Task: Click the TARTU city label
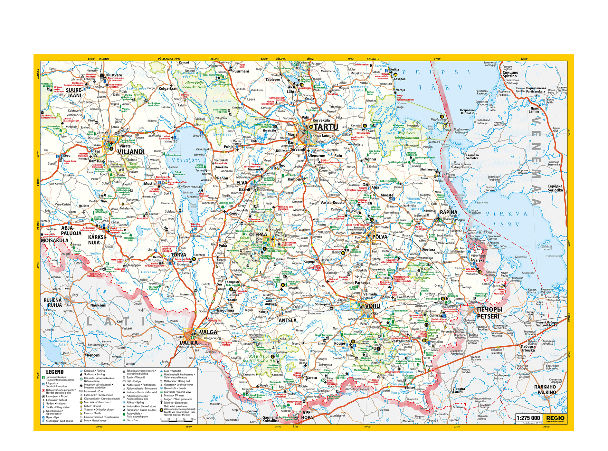tap(326, 127)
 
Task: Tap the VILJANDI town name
tap(131, 152)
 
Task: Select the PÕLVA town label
tap(380, 237)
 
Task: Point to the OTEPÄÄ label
tap(258, 235)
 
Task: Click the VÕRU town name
tap(373, 306)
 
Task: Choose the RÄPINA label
tap(449, 212)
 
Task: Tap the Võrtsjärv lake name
tap(186, 160)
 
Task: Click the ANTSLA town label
tap(288, 321)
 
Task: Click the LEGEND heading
tap(55, 372)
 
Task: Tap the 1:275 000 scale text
tap(528, 418)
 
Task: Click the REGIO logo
tap(555, 418)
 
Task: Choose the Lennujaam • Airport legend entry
tap(57, 396)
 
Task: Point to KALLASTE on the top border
tap(373, 59)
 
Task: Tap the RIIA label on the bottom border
tap(295, 427)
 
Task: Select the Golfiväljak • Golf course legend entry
tap(60, 421)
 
